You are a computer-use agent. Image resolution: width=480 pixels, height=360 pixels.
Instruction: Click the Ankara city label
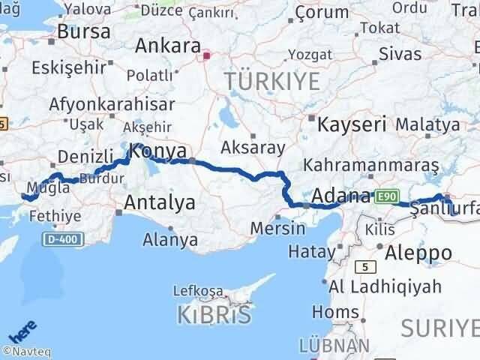[168, 45]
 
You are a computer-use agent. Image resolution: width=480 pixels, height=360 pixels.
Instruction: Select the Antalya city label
[159, 202]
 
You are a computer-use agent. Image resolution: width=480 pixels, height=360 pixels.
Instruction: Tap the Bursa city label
[84, 31]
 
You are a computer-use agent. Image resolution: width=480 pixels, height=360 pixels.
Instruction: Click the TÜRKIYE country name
[271, 80]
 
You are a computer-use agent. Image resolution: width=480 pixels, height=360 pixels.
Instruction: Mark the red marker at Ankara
[207, 55]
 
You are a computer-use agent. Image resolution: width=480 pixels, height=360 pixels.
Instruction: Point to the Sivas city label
[400, 52]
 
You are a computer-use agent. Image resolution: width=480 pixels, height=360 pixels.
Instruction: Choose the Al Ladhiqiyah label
[372, 286]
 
